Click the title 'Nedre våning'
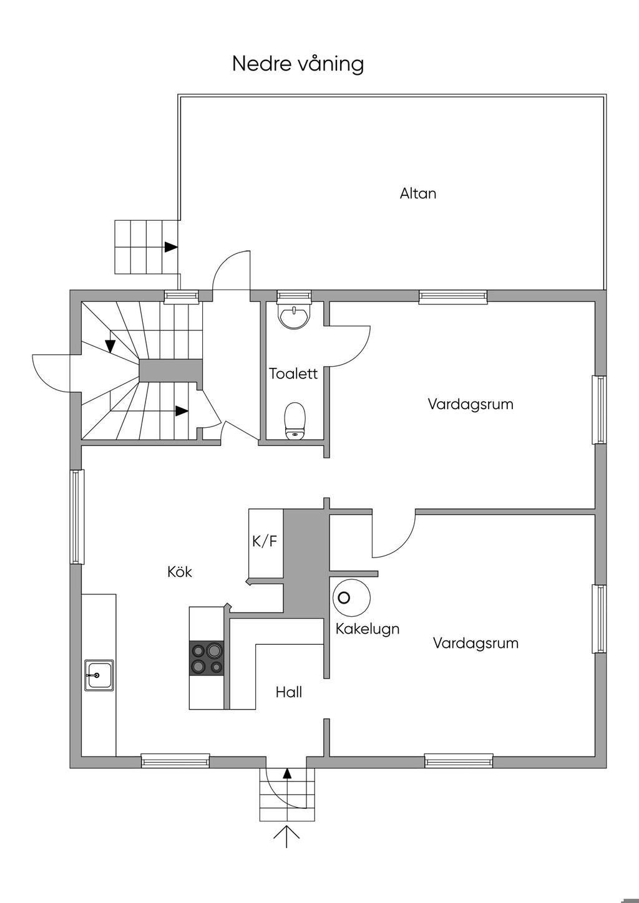(x=298, y=64)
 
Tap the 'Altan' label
(x=418, y=193)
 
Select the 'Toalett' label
(x=293, y=374)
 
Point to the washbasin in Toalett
(x=294, y=316)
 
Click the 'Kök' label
(x=180, y=572)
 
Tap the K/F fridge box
(x=265, y=541)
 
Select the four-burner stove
(x=207, y=659)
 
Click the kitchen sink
(x=100, y=675)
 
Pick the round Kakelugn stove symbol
(x=351, y=598)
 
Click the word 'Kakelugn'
(x=368, y=629)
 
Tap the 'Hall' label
(x=289, y=692)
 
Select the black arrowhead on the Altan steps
(x=171, y=247)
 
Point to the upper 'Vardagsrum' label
(x=471, y=404)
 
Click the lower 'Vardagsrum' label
(x=476, y=643)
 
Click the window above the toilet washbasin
(x=293, y=296)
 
